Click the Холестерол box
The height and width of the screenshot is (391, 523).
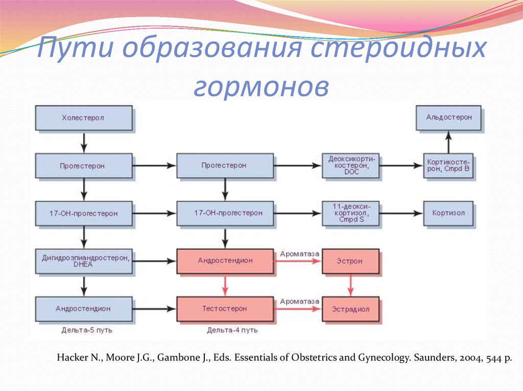pyautogui.click(x=83, y=118)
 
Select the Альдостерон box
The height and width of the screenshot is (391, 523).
pyautogui.click(x=448, y=117)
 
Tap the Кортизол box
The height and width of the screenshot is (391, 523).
pyautogui.click(x=448, y=214)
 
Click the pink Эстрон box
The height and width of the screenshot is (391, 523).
pyautogui.click(x=350, y=261)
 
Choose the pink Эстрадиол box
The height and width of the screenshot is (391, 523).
pyautogui.click(x=350, y=309)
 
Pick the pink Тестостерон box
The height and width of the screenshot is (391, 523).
pyautogui.click(x=224, y=309)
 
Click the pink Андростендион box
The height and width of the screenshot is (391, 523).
pyautogui.click(x=224, y=261)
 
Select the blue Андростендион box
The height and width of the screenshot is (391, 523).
pyautogui.click(x=83, y=309)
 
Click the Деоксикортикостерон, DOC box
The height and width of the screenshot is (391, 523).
pyautogui.click(x=350, y=166)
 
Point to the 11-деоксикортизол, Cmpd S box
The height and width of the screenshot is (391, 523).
pyautogui.click(x=350, y=214)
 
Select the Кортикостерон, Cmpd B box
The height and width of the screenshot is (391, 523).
pyautogui.click(x=448, y=166)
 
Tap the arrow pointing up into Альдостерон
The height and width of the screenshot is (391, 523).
pyautogui.click(x=448, y=141)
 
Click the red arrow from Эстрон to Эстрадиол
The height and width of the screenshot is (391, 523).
pyautogui.click(x=350, y=285)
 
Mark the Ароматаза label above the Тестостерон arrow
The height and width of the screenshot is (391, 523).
pyautogui.click(x=299, y=301)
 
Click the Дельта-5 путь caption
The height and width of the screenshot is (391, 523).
pyautogui.click(x=83, y=330)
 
